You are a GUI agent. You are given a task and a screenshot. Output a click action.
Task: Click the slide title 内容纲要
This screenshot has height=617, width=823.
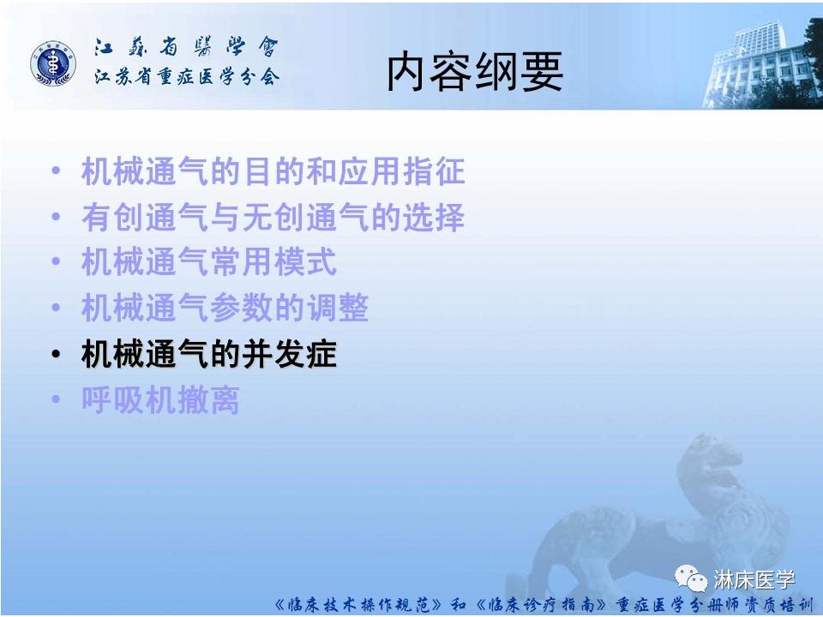[x=474, y=72]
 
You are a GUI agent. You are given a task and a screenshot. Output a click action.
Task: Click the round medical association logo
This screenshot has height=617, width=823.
[x=53, y=63]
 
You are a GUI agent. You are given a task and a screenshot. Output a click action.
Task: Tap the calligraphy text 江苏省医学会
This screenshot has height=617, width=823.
[x=186, y=48]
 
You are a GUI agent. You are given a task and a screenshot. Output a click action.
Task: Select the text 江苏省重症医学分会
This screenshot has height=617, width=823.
[x=186, y=78]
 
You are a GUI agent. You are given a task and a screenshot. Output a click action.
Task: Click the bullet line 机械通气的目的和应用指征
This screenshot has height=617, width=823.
[x=273, y=172]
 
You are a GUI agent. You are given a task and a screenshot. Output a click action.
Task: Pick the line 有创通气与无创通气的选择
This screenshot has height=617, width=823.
[x=273, y=218]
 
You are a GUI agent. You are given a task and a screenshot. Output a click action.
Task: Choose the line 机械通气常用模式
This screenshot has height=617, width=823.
[x=208, y=263]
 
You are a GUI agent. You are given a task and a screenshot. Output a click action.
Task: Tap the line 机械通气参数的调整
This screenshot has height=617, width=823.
[x=225, y=308]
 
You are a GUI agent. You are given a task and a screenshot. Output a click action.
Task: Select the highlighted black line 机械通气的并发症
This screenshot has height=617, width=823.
[x=208, y=354]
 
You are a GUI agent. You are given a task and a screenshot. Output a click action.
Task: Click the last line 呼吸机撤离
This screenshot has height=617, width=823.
[x=160, y=400]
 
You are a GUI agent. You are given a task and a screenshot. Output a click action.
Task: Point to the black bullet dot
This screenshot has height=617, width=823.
[x=56, y=355]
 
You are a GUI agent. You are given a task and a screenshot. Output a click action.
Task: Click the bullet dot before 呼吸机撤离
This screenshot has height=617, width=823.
[x=56, y=400]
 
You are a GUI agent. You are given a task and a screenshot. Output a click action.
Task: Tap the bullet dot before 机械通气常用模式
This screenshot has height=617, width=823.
[x=56, y=263]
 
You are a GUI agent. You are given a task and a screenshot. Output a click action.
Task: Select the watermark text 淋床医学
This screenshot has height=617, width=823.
[x=754, y=580]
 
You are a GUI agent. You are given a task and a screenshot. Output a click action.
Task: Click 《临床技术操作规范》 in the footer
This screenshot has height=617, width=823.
[x=360, y=604]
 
